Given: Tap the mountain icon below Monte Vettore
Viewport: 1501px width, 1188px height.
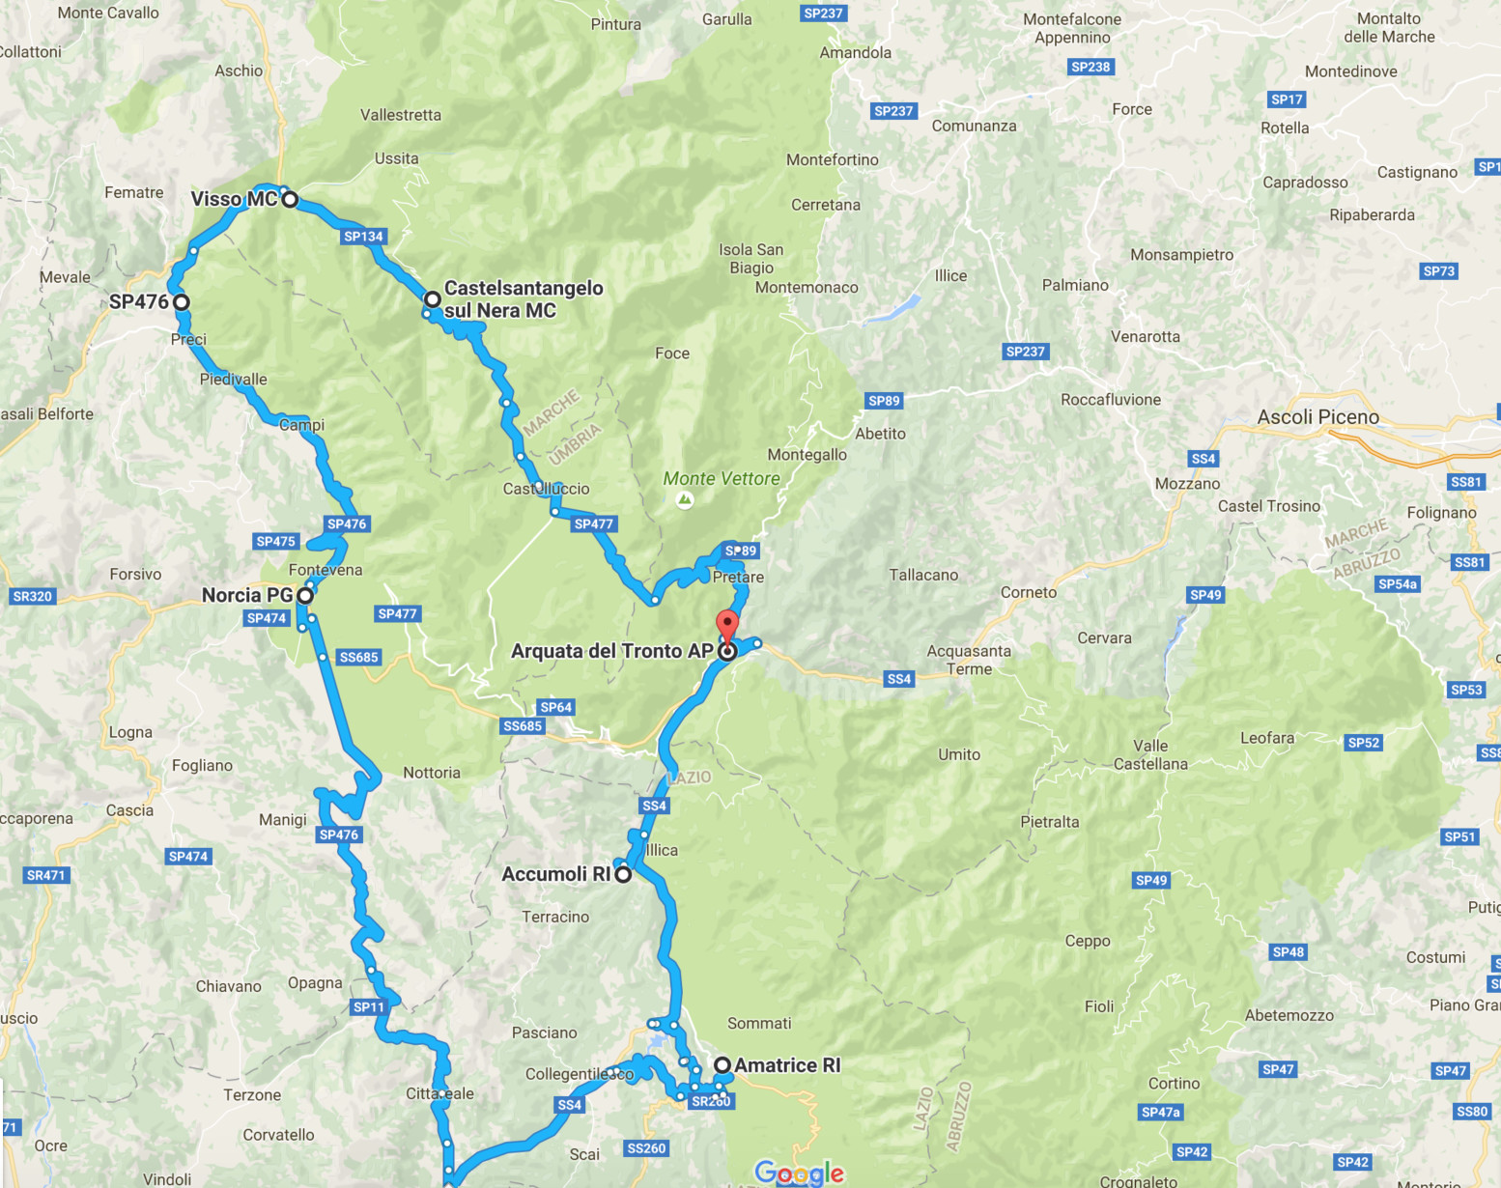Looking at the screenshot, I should click(685, 499).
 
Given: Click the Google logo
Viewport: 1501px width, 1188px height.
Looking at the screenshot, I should click(799, 1173).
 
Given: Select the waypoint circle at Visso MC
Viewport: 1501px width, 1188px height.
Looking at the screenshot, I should click(290, 200).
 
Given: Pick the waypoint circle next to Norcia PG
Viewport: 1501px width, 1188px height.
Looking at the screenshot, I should click(305, 596).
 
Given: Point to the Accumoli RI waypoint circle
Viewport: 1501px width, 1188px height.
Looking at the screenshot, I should click(624, 875).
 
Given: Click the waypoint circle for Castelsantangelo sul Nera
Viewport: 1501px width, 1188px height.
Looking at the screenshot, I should click(433, 299).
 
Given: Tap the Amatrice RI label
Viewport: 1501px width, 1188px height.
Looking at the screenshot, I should click(787, 1065).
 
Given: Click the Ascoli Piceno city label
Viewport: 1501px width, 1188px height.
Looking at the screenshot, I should click(1317, 417).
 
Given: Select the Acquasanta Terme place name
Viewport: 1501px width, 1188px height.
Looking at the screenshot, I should click(969, 660).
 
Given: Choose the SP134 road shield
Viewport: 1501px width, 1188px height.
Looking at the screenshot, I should click(363, 237).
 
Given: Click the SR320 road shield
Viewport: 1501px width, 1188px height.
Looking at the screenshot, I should click(32, 597).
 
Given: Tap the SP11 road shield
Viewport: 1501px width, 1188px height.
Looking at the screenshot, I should click(369, 1007).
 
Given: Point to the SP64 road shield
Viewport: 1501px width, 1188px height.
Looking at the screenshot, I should click(556, 707).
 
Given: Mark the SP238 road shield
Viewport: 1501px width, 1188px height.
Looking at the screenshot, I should click(1090, 67).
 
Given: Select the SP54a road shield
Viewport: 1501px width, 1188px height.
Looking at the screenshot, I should click(1398, 584).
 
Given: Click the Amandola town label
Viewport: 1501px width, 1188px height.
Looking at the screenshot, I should click(855, 53).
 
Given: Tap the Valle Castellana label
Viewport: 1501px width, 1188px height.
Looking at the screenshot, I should click(1150, 754).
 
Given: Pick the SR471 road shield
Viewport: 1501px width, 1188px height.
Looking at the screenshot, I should click(45, 876).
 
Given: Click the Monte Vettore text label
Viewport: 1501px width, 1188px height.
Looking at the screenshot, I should click(722, 479).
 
